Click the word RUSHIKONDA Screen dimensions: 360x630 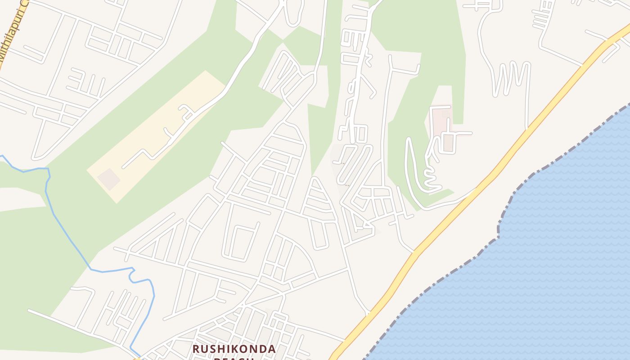click(x=234, y=349)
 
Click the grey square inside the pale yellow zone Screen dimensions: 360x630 click(x=108, y=179)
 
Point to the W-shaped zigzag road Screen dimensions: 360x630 click(x=511, y=79)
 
